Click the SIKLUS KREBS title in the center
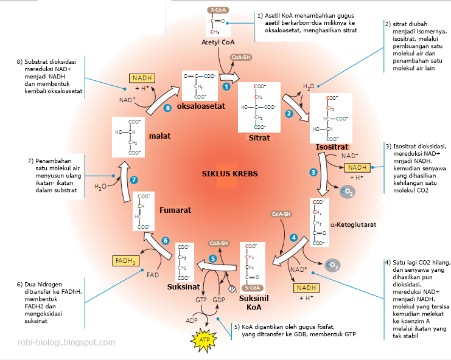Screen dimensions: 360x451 [x=229, y=173]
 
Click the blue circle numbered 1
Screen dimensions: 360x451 [x=226, y=87]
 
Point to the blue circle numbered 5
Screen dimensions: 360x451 [x=212, y=258]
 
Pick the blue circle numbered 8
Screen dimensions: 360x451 [x=168, y=108]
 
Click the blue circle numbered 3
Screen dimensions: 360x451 [x=313, y=172]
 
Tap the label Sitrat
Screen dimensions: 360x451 [x=259, y=138]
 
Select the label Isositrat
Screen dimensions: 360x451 [x=332, y=148]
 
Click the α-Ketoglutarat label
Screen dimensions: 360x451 [x=353, y=224]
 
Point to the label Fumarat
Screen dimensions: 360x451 [x=175, y=210]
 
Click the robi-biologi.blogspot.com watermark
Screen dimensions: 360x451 [x=66, y=342]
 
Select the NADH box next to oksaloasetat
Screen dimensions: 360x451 [x=142, y=78]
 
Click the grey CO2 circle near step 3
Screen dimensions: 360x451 [x=346, y=193]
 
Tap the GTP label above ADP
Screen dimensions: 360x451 [x=201, y=300]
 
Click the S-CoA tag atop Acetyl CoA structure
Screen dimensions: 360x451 [x=217, y=10]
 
